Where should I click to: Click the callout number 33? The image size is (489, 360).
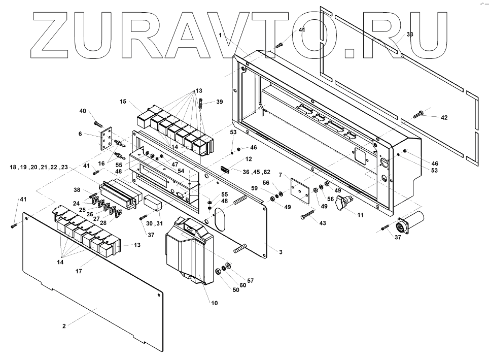(x=410, y=34)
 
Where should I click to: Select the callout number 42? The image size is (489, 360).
(x=444, y=117)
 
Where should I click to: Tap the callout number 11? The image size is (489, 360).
(x=361, y=215)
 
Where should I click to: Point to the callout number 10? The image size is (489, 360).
(x=214, y=303)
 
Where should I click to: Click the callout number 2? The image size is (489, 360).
(x=64, y=325)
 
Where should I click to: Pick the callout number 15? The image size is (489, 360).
(x=123, y=102)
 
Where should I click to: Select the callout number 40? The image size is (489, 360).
(x=83, y=111)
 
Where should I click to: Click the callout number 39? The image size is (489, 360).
(x=219, y=102)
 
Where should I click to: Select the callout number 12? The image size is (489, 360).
(x=248, y=159)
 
